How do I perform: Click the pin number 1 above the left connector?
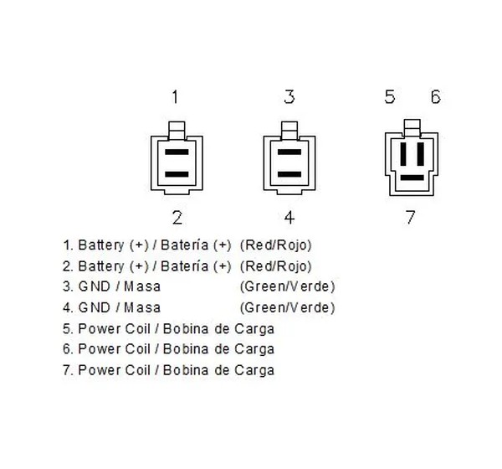pos(175,97)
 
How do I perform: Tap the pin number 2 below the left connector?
pos(177,218)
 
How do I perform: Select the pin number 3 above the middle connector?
pos(289,97)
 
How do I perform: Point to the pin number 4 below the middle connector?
pos(289,218)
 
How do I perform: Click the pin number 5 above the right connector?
pos(390,97)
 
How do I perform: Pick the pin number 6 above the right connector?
pos(435,97)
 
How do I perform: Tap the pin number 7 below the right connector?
pos(411,218)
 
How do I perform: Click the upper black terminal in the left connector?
pos(177,152)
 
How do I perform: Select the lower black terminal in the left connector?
pos(177,174)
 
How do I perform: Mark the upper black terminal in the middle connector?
pos(289,152)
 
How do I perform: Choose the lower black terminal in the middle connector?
pos(289,174)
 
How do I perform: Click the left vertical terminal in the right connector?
pos(403,154)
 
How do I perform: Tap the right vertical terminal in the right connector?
pos(421,154)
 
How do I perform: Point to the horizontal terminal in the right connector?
pos(412,178)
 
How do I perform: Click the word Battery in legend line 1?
pos(101,245)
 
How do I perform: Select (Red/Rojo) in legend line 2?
pos(275,266)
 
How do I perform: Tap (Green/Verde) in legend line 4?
pos(288,307)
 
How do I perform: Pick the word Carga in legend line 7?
pos(254,370)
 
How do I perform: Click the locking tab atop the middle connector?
pos(289,130)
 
